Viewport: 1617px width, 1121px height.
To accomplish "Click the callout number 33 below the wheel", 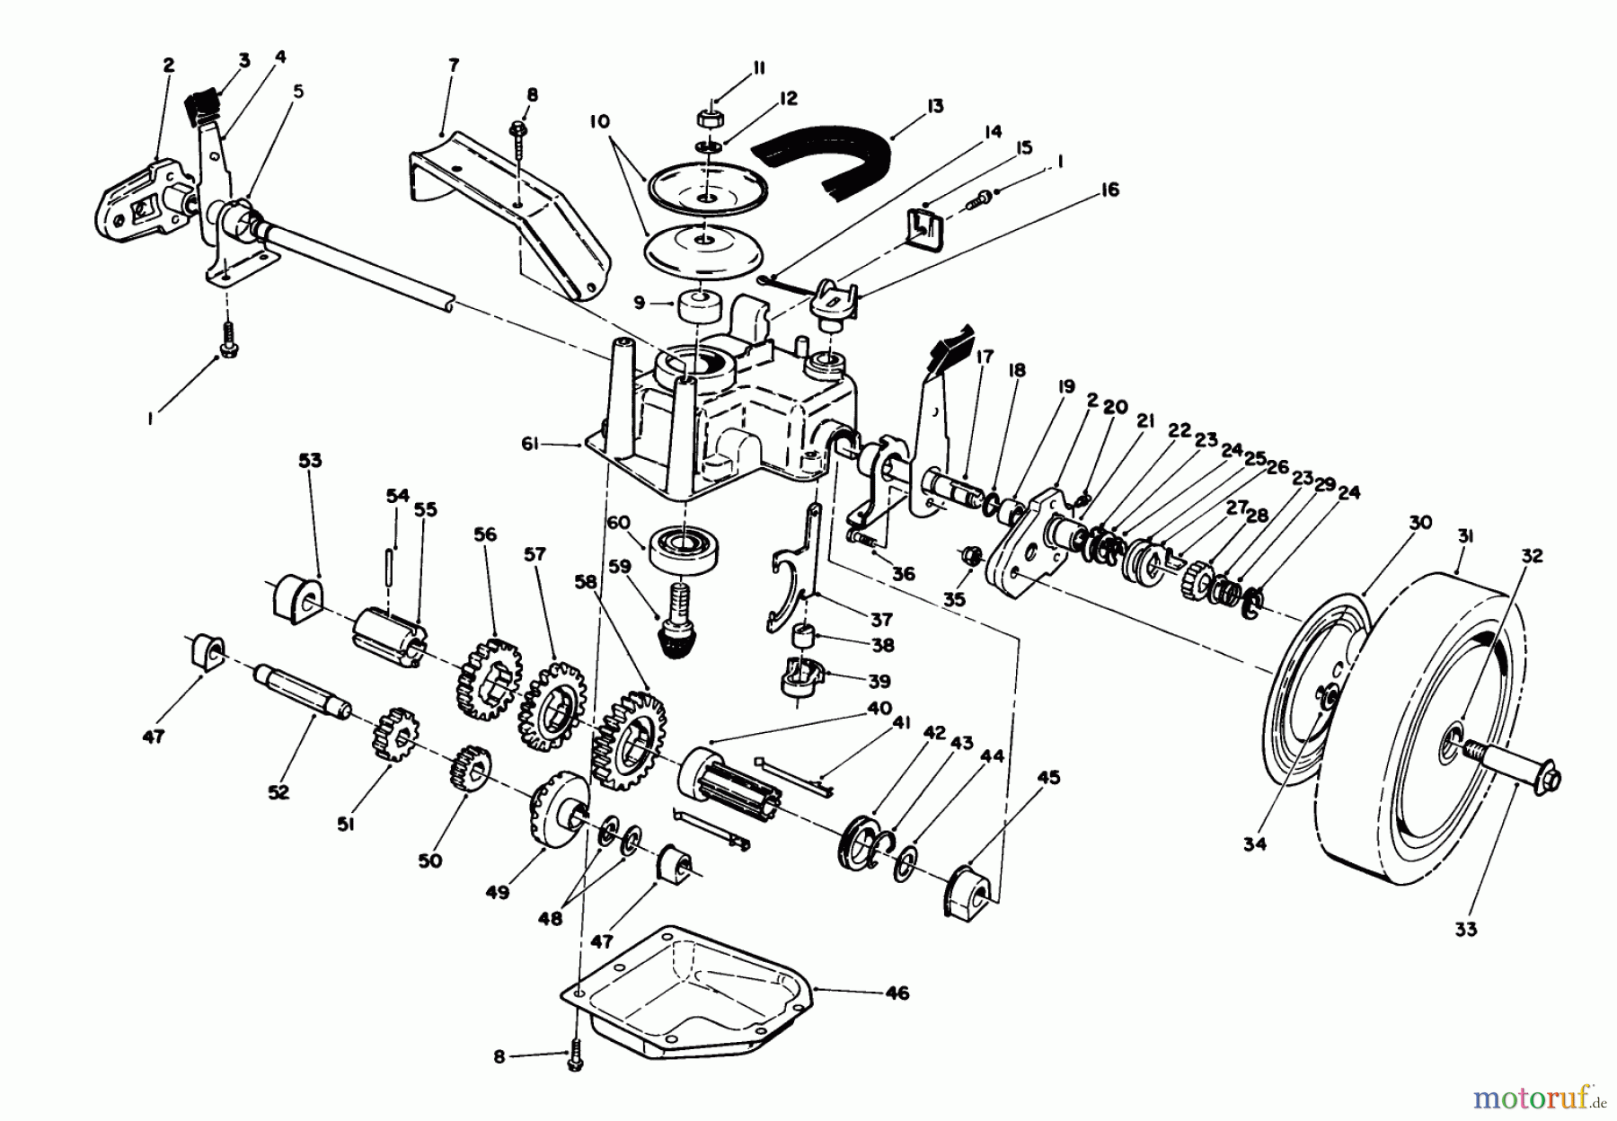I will point(1466,930).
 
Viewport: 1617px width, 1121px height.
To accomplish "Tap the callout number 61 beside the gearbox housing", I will point(532,443).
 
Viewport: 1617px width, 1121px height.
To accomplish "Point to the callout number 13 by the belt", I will point(935,106).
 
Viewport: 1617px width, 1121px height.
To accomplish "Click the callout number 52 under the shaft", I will point(278,792).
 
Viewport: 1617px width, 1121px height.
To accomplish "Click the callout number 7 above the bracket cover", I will point(454,65).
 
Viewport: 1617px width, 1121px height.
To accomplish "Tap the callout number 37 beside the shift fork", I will point(881,620).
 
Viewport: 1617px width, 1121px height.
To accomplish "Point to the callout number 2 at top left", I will point(168,65).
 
